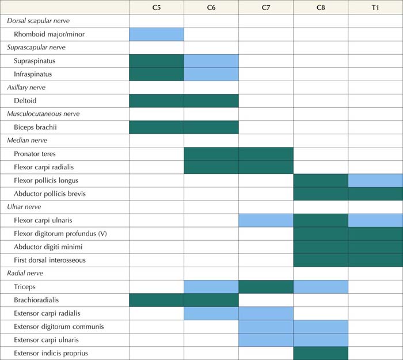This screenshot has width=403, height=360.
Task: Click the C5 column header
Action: (x=157, y=7)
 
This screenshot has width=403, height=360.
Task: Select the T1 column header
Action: (x=375, y=7)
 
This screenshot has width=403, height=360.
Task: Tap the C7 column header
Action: (x=266, y=7)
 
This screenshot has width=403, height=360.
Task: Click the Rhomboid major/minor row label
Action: (x=50, y=34)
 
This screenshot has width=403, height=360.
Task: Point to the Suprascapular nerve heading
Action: (x=36, y=47)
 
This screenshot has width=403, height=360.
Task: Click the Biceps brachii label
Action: (x=36, y=127)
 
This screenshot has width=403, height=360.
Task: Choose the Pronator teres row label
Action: (x=39, y=154)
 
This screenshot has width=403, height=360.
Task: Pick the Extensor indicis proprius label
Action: (x=51, y=353)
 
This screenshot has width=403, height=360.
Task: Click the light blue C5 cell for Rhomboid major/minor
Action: (x=157, y=34)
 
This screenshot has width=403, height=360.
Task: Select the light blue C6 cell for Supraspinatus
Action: (x=211, y=60)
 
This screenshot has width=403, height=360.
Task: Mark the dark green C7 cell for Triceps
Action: (x=266, y=286)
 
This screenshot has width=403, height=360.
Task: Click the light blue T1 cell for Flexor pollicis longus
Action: (x=375, y=180)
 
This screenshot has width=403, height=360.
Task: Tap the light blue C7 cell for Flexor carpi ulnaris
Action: (x=266, y=220)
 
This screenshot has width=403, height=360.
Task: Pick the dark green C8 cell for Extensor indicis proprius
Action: (x=321, y=353)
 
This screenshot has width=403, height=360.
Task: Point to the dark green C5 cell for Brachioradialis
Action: (x=157, y=300)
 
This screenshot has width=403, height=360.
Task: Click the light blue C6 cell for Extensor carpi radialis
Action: (x=211, y=313)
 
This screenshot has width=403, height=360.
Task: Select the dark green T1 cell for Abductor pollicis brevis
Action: (x=375, y=194)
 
